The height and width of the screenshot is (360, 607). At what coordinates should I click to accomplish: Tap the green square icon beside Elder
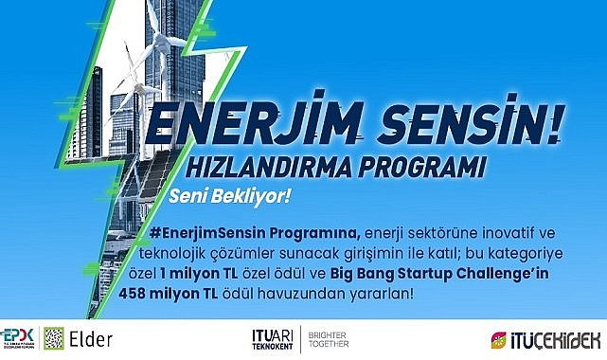[x=56, y=339]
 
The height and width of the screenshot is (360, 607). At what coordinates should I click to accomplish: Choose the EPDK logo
[x=17, y=339]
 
